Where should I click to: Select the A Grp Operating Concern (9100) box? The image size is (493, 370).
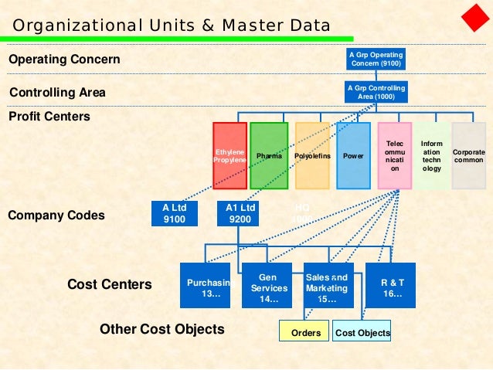376,59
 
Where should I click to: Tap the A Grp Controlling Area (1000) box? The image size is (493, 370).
376,93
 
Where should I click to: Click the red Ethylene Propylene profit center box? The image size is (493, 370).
229,155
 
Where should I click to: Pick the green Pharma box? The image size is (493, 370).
269,155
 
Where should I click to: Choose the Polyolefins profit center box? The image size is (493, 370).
312,155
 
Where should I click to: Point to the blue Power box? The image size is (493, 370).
353,155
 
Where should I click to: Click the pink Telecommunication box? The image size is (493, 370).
394,155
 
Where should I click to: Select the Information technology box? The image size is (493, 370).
432,155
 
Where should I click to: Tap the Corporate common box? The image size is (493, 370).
469,155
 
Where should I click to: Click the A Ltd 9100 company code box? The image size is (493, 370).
175,213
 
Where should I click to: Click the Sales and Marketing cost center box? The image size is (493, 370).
328,287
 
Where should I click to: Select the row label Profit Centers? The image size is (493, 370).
49,117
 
